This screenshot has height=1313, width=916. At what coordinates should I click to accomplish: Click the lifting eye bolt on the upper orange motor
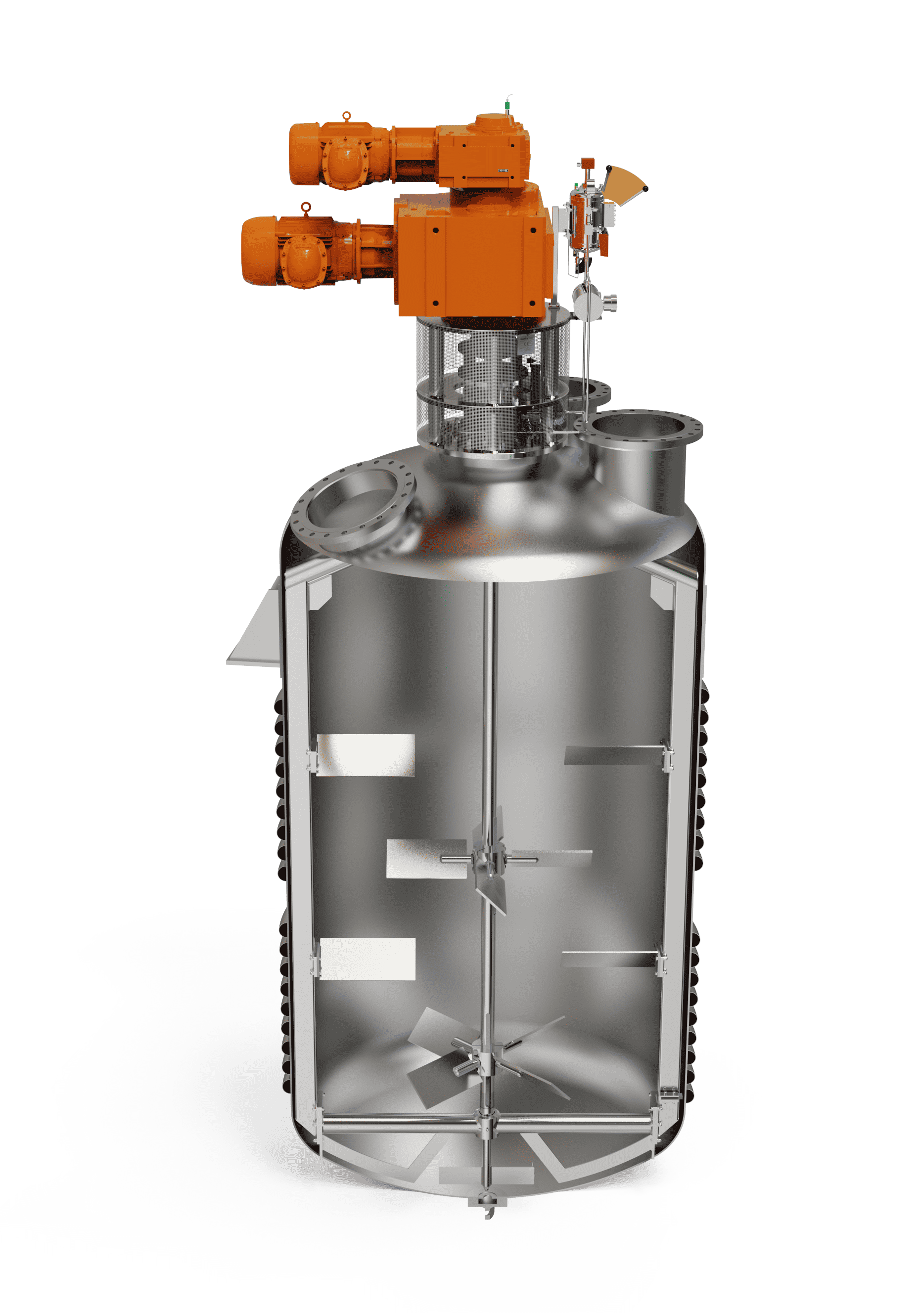[346, 116]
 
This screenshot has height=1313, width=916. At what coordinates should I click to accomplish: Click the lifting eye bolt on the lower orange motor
[306, 207]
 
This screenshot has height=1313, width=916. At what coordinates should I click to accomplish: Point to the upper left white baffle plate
[366, 755]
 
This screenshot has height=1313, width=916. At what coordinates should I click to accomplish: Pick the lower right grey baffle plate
[609, 959]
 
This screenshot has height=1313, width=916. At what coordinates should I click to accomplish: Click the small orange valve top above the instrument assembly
[586, 164]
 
